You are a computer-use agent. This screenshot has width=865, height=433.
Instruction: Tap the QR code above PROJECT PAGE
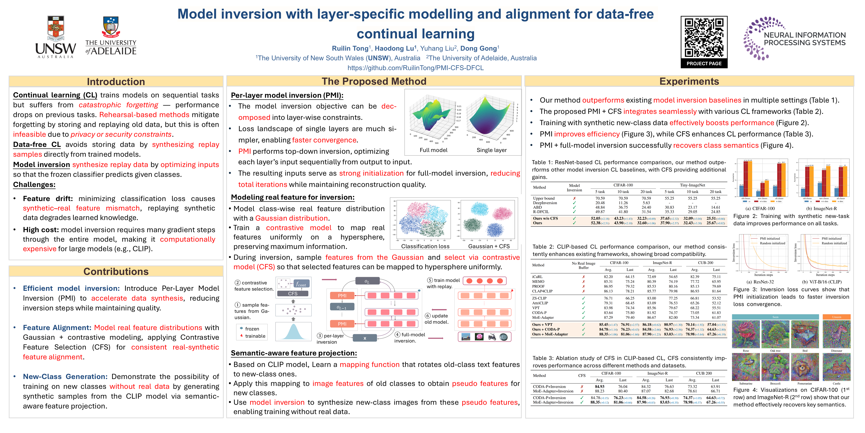click(x=704, y=38)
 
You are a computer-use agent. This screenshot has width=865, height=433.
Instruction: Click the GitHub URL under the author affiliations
click(x=415, y=68)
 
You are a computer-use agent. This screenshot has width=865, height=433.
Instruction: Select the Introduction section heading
click(x=116, y=82)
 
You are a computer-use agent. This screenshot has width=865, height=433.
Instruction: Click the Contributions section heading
click(x=116, y=271)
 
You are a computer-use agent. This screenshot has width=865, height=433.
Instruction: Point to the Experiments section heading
click(x=689, y=81)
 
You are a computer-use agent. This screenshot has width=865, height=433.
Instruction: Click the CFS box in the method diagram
click(x=293, y=293)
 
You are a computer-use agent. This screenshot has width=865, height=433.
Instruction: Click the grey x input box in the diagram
click(x=365, y=338)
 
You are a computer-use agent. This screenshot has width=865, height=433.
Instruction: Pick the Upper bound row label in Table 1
click(x=544, y=198)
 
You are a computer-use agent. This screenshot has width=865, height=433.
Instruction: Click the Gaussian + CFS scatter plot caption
click(x=489, y=246)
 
